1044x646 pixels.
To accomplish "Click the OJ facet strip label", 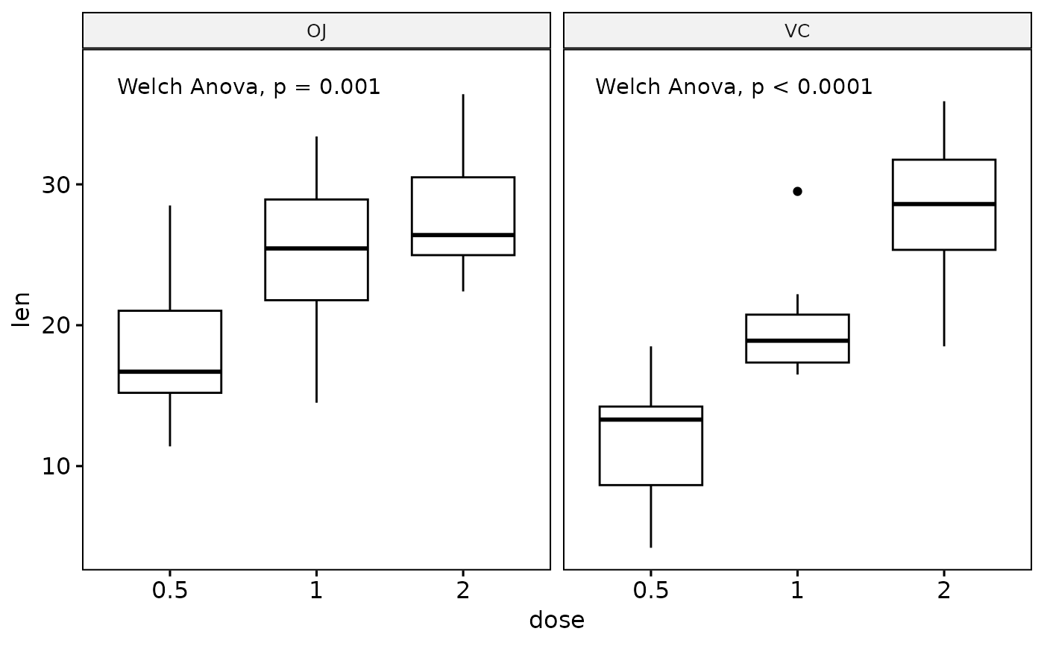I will (x=316, y=31).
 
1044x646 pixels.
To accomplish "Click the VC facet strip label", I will (x=797, y=31).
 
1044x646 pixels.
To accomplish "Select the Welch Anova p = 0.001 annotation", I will (x=249, y=87).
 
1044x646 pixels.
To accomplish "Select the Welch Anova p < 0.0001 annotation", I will (x=734, y=87).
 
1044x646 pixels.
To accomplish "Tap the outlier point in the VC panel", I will (x=797, y=191).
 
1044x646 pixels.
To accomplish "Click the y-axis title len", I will (x=22, y=309).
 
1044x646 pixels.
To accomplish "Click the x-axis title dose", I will (x=556, y=620).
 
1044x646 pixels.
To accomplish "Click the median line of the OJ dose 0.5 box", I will (x=170, y=371).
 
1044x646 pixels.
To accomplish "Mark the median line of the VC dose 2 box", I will (x=944, y=204).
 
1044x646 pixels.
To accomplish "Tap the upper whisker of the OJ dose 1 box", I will (x=316, y=169).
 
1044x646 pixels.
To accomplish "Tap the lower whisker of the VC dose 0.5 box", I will (x=651, y=516).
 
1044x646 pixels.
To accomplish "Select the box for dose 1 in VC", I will (x=797, y=328).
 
